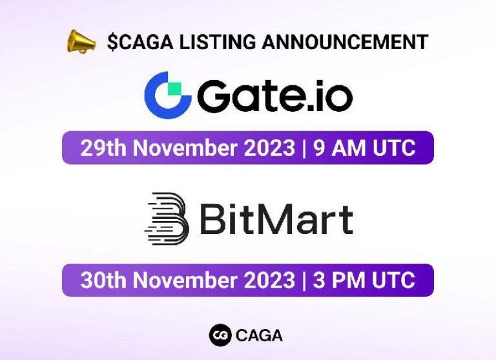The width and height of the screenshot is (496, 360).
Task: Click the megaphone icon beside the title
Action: [81, 42]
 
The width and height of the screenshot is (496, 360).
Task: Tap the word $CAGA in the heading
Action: [133, 43]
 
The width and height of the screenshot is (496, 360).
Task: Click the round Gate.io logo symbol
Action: [168, 95]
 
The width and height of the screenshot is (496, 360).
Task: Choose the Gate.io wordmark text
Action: [275, 96]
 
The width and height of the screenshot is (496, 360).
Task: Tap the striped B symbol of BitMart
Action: [167, 217]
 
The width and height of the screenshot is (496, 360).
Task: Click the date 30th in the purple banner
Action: [101, 281]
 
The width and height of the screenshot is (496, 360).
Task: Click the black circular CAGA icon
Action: [220, 335]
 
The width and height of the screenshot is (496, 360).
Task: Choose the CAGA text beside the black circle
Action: [259, 335]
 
